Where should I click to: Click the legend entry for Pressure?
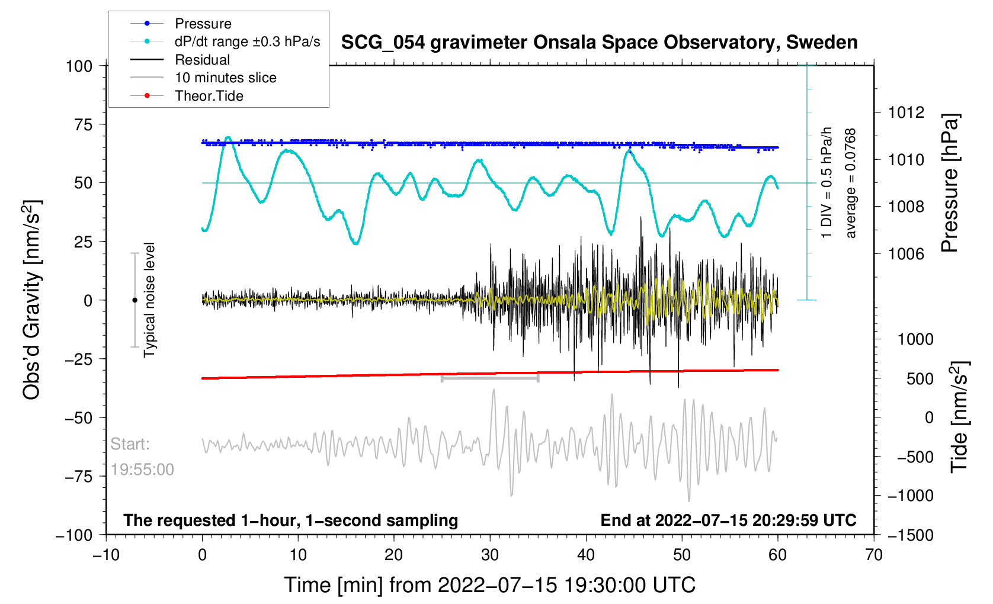203,24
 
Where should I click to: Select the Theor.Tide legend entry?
209,96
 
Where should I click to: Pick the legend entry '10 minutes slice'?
225,78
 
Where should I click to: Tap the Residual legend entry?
202,60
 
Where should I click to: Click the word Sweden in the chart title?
821,43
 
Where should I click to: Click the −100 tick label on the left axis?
74,535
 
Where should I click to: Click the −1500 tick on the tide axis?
910,535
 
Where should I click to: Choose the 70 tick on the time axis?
874,555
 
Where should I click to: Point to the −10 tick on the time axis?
106,555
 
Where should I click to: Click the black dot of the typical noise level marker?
134,300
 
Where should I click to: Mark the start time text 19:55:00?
142,470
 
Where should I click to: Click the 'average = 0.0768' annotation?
851,184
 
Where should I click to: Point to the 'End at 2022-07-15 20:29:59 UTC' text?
728,521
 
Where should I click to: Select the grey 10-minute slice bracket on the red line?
490,378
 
